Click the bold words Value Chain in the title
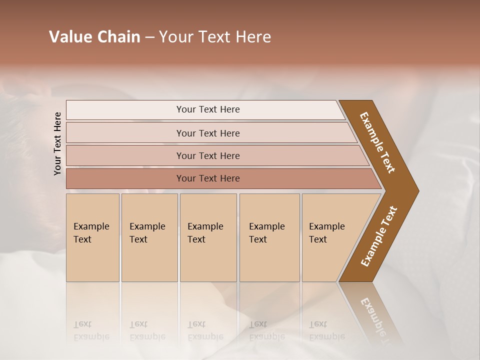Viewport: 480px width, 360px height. click(94, 37)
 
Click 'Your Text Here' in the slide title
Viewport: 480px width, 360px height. click(215, 37)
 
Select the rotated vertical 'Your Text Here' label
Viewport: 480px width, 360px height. click(57, 143)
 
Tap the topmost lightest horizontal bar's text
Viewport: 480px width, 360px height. click(208, 109)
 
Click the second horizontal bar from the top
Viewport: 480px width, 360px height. click(208, 133)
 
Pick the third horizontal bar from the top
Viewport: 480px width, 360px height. click(208, 155)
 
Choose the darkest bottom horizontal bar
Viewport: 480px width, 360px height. click(208, 178)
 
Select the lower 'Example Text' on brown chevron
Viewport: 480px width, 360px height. click(379, 236)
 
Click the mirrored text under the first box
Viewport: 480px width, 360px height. click(91, 330)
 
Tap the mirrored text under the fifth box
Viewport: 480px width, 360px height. click(327, 330)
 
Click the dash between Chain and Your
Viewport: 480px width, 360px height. click(149, 37)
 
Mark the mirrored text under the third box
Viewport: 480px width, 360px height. click(205, 330)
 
